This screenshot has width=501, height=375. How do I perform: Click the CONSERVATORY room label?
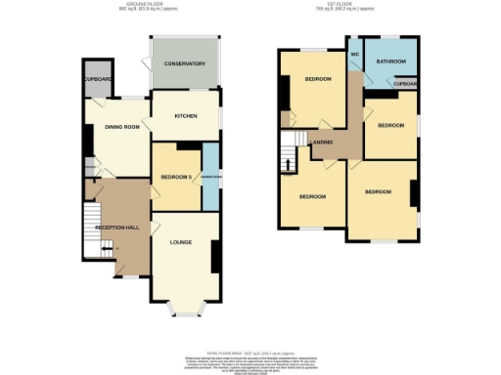tap(184, 63)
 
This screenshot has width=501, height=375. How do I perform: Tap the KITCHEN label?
tap(186, 115)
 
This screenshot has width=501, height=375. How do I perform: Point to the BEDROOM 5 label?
tap(172, 178)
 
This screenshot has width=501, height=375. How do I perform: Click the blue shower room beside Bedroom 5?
tap(209, 177)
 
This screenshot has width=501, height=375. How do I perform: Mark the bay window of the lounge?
tap(184, 311)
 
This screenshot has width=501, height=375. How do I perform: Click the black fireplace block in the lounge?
tap(214, 257)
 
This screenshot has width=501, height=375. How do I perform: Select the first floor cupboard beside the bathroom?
tap(405, 84)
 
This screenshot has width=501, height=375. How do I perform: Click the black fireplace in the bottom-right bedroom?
tap(415, 194)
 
